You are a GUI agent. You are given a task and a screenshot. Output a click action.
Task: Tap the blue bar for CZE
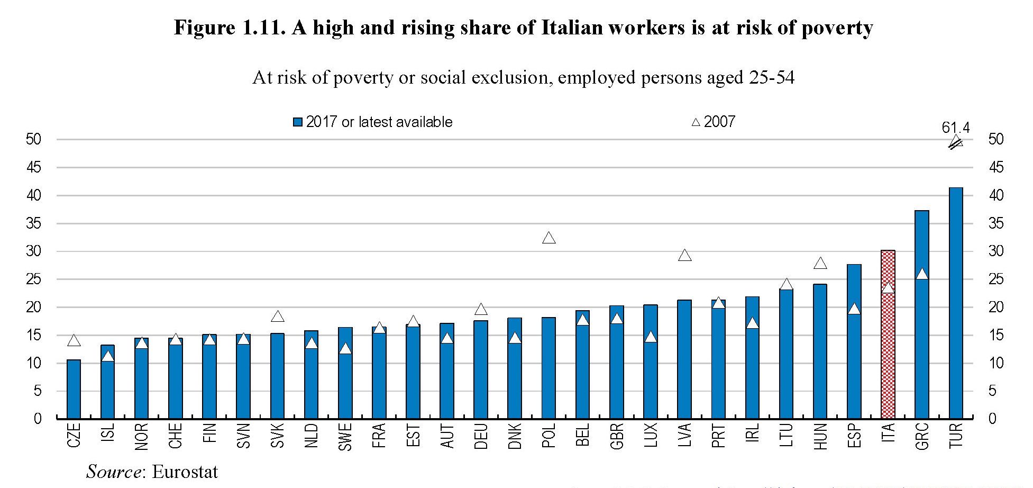[x=74, y=389]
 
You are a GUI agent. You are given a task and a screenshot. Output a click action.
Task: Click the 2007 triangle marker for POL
[x=549, y=238]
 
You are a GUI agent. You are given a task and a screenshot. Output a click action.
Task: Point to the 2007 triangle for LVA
[x=684, y=256]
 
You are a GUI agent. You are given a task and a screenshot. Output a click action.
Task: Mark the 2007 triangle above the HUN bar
[x=820, y=264]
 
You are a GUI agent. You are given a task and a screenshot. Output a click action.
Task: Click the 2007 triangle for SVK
[x=277, y=317]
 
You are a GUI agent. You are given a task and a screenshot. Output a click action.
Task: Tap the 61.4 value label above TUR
[x=955, y=128]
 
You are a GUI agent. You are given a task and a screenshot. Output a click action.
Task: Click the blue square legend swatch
[x=298, y=122]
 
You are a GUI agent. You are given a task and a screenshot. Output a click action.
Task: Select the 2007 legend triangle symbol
[x=696, y=122]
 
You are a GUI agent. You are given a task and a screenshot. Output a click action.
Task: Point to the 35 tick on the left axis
[x=34, y=223]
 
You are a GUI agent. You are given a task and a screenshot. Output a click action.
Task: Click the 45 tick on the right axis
[x=995, y=168]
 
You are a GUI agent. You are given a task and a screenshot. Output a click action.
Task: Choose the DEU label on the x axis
[x=481, y=436]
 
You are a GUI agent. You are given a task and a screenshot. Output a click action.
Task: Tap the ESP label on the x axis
[x=854, y=436]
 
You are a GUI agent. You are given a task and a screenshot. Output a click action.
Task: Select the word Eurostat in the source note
[x=185, y=472]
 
